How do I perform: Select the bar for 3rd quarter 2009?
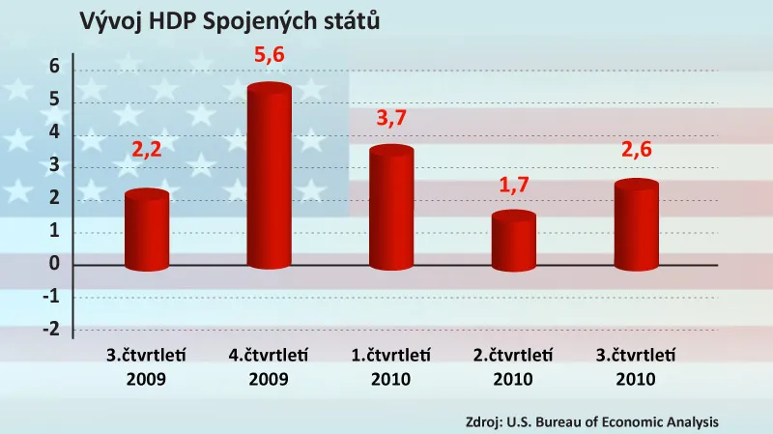point(147,232)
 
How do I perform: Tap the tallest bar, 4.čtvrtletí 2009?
point(270,179)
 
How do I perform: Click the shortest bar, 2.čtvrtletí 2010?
point(514,242)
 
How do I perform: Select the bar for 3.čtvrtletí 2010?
point(636,225)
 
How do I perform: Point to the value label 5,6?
point(270,57)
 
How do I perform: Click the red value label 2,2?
point(147,151)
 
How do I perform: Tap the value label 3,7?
point(391,119)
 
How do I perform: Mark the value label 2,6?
point(636,151)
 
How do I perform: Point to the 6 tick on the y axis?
point(54,67)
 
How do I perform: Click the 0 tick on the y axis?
point(54,264)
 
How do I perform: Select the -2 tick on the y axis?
point(51,330)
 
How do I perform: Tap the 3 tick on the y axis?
point(54,165)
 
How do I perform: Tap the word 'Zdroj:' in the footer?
point(481,422)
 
